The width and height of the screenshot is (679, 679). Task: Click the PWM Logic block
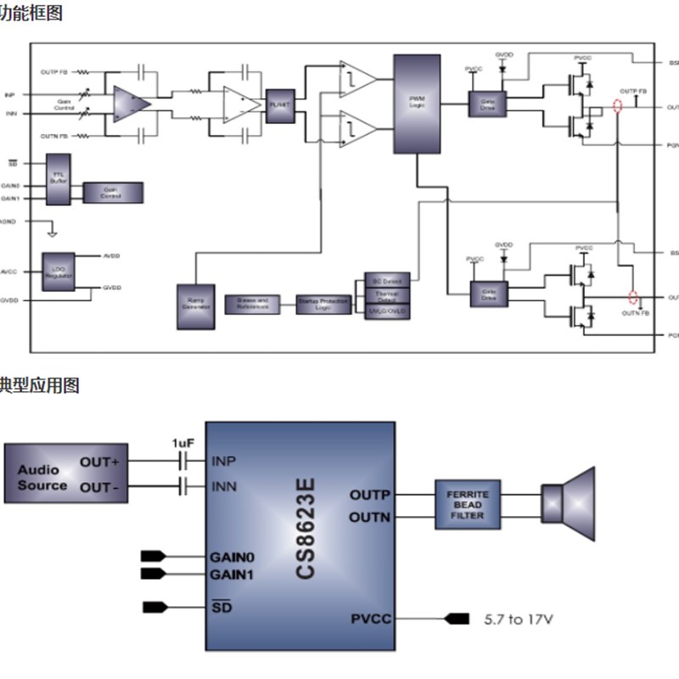(417, 104)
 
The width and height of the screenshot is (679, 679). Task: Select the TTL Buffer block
(58, 179)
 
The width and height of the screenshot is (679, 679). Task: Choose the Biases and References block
(252, 303)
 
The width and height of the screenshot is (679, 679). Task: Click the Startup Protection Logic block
(323, 304)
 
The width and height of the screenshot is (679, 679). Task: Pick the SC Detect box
(387, 280)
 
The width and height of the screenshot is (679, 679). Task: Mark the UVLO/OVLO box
(387, 311)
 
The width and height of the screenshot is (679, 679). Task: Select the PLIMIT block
(278, 104)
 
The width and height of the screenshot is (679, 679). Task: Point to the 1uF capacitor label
(183, 443)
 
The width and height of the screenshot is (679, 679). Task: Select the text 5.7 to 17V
(518, 619)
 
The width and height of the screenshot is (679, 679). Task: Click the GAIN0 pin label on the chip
(231, 558)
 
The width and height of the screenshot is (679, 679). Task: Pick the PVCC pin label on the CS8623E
(372, 619)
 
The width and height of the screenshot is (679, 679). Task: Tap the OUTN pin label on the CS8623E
(370, 517)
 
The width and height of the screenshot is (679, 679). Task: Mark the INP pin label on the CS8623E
(223, 462)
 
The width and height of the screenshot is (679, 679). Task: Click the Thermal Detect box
(387, 295)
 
